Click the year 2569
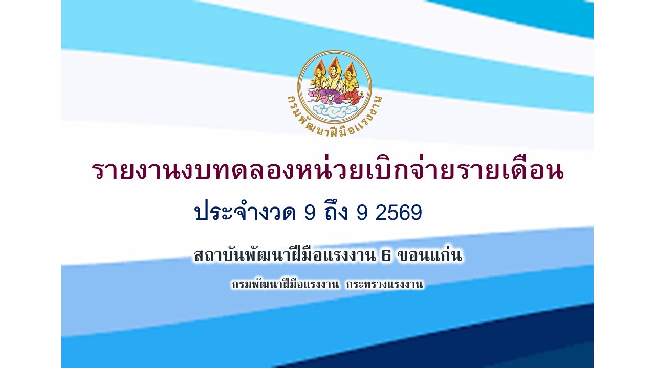398,212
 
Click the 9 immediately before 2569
362,212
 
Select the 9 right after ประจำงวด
310,212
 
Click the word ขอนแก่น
429,255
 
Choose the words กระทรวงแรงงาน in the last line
385,284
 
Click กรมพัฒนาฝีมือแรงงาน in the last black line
286,284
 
